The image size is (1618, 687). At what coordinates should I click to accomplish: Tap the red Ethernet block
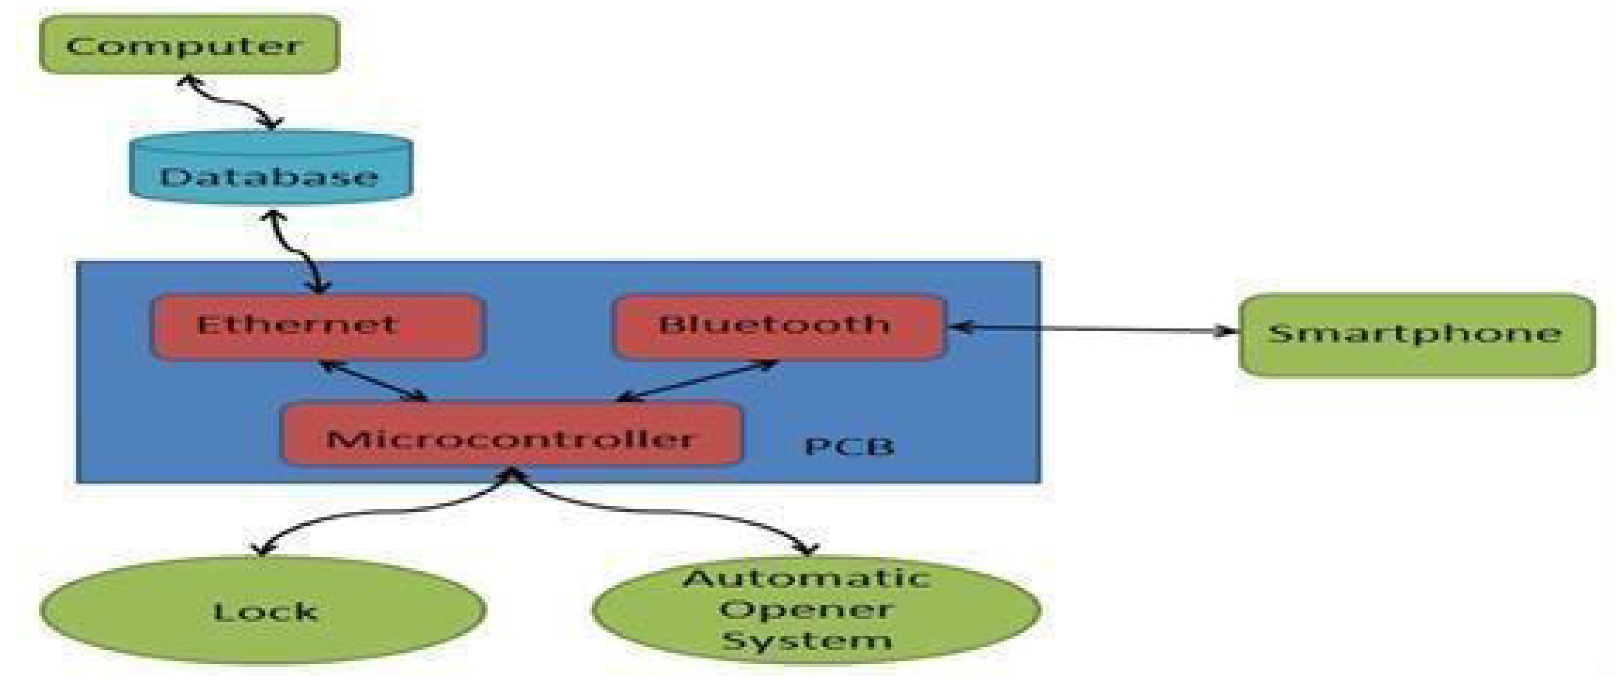coord(318,326)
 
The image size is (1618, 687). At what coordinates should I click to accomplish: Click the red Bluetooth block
coord(779,326)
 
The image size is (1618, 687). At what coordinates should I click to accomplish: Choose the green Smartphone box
coord(1416,335)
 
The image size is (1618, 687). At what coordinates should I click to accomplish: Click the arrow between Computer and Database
coord(230,100)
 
